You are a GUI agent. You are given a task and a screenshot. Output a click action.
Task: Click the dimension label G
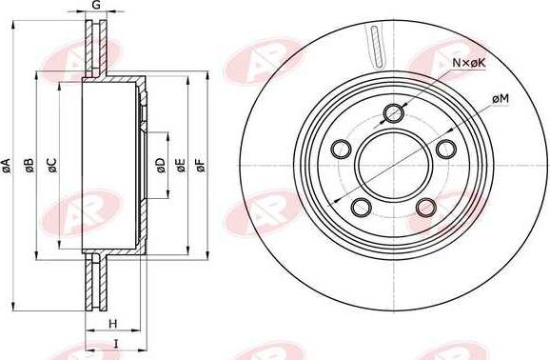coord(96,5)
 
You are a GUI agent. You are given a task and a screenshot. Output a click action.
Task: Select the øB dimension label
coord(29,166)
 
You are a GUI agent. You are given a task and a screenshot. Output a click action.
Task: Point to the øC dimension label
coord(52,166)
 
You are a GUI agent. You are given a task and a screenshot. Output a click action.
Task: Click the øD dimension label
coord(160,166)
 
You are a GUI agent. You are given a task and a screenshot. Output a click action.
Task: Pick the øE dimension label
coord(180,166)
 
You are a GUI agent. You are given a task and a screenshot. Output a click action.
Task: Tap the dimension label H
coord(112,324)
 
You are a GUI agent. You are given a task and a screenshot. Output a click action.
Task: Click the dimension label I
coord(116,344)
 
